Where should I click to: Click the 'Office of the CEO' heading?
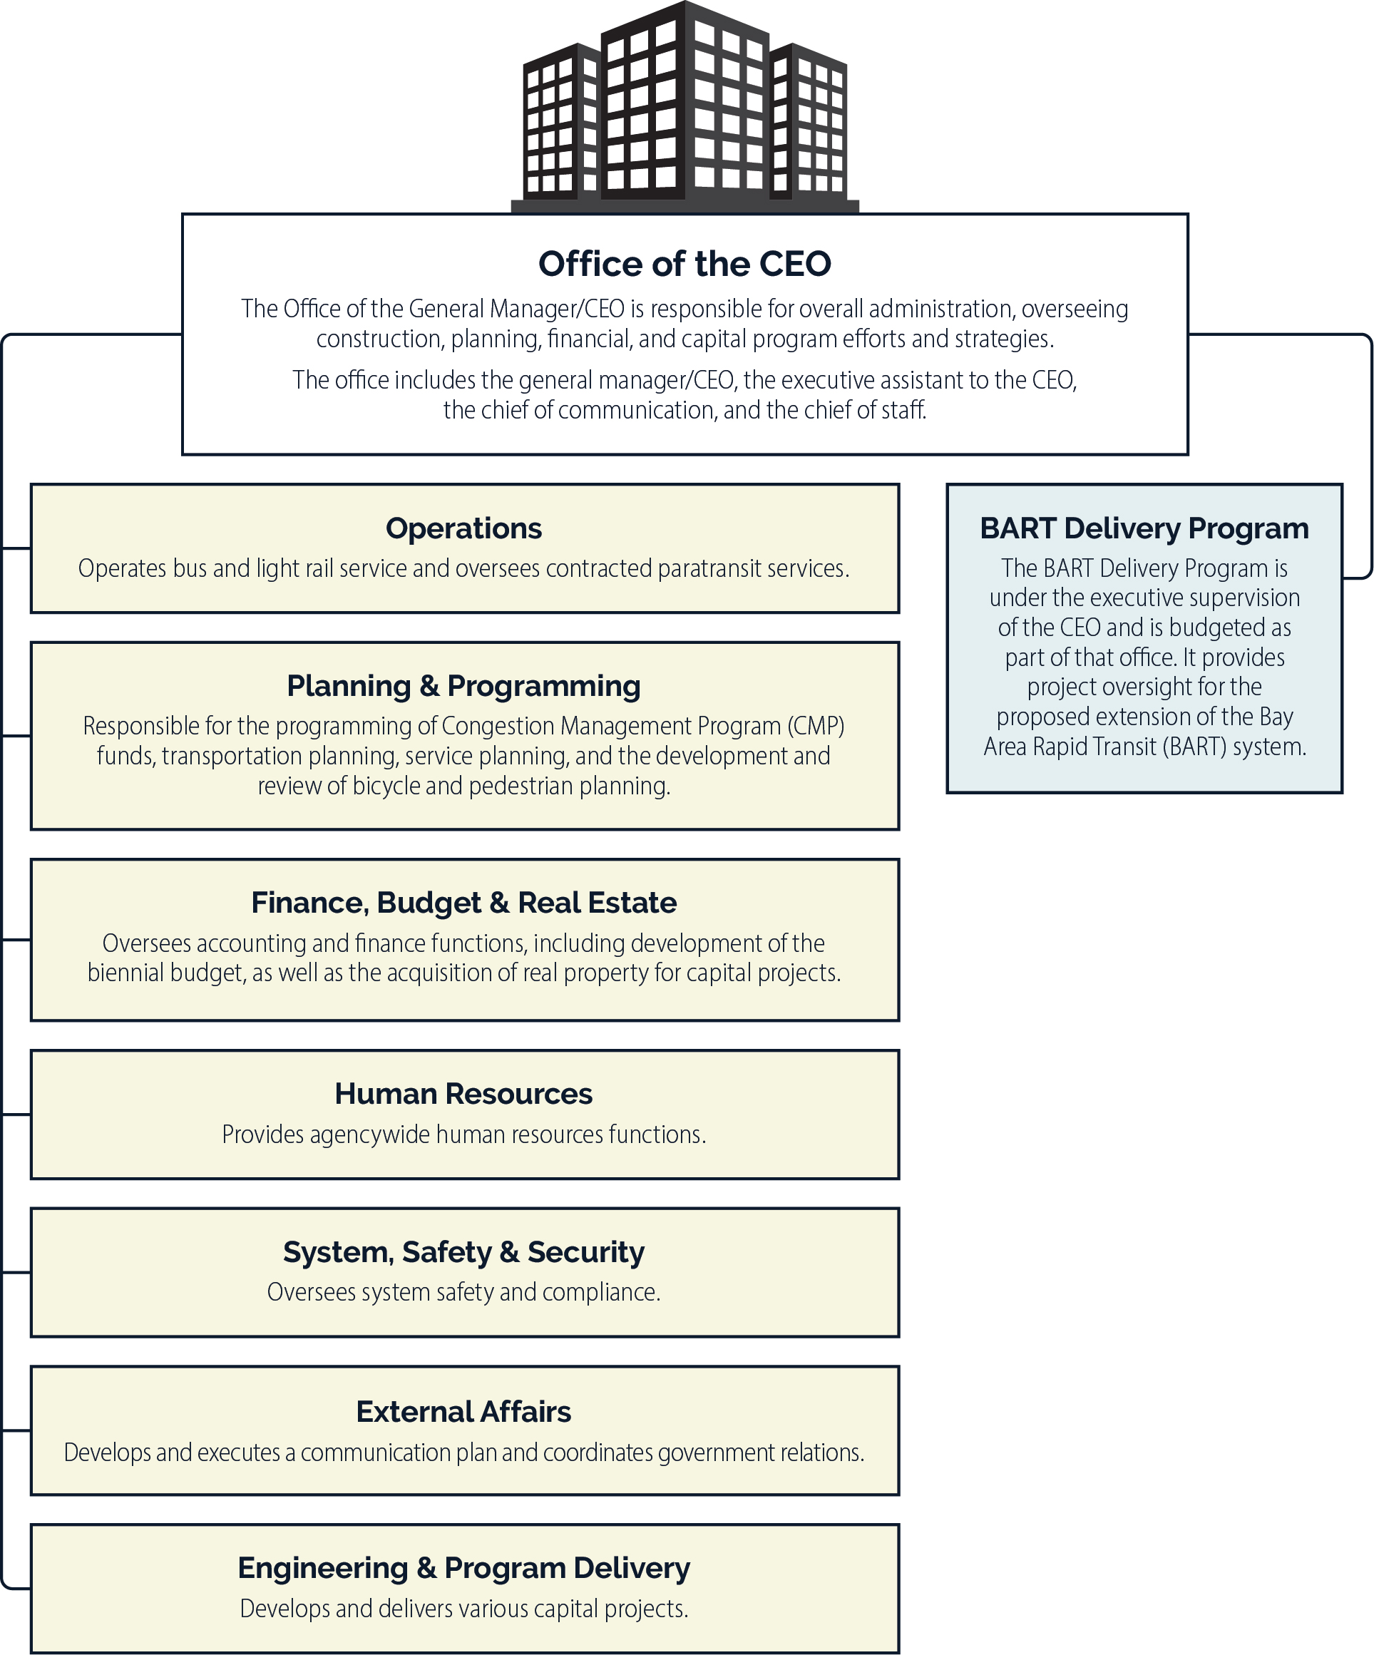tap(685, 264)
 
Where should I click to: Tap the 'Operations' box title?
tap(464, 528)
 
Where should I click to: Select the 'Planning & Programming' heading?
tap(464, 687)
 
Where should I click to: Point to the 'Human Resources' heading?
tap(464, 1094)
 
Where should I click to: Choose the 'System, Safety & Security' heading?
tap(464, 1252)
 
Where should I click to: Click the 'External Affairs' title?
tap(464, 1411)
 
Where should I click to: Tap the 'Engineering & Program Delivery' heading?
tap(464, 1568)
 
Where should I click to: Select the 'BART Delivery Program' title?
tap(1144, 529)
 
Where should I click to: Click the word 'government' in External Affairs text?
tap(706, 1452)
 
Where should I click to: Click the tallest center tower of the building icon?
tap(684, 100)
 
